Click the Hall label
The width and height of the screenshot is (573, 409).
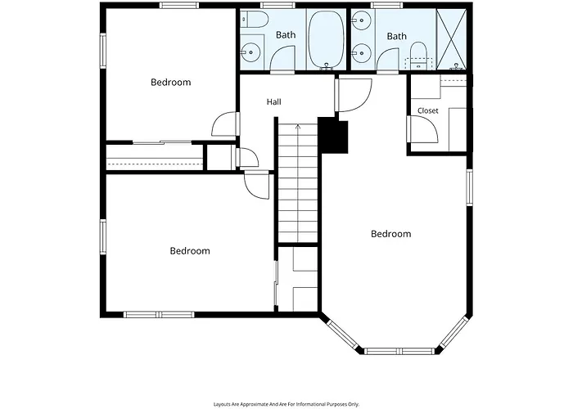coord(273,102)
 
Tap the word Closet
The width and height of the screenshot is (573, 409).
coord(427,110)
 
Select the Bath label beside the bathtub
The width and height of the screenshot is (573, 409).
coord(286,35)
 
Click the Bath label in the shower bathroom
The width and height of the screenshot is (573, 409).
coord(396,36)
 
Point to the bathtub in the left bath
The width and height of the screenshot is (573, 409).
coord(327,39)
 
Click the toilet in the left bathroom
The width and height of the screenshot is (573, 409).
coord(255,20)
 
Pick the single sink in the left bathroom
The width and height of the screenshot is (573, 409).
coord(251,52)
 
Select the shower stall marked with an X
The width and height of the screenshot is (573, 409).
coord(452,39)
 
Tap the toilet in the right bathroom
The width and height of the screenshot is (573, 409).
coord(418,56)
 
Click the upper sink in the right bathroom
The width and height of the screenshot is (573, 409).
coord(362,19)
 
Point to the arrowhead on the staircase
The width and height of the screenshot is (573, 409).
coord(298,127)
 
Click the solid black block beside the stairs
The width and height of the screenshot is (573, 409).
coord(333,135)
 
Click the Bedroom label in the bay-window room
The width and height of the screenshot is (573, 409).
coord(390,234)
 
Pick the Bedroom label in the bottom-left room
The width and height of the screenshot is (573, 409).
coord(190,251)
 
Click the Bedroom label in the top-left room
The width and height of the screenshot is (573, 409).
coord(170,82)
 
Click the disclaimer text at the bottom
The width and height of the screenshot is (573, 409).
coord(286,404)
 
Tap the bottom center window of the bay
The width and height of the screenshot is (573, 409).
coord(400,351)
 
